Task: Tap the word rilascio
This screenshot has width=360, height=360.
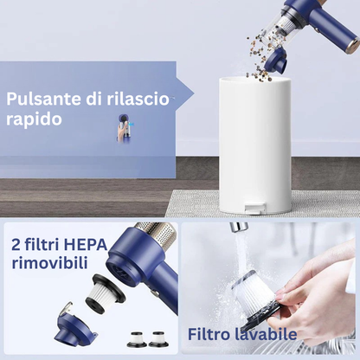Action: [x=138, y=99]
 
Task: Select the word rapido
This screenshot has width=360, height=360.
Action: [x=34, y=119]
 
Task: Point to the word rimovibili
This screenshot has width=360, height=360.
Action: [x=49, y=263]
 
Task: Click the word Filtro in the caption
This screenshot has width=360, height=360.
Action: [x=209, y=334]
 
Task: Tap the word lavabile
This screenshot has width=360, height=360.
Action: [x=266, y=334]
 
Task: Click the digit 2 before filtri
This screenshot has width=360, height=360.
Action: [x=16, y=245]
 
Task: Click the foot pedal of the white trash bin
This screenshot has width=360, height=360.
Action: [x=255, y=208]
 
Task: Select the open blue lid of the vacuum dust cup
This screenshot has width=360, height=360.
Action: [x=276, y=60]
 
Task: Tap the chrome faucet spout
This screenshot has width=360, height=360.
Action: [x=239, y=227]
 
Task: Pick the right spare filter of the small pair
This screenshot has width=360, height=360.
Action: [x=158, y=339]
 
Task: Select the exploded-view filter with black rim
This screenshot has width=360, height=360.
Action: [x=106, y=293]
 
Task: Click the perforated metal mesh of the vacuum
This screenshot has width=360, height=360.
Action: [x=164, y=235]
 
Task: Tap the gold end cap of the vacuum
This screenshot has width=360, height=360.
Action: [x=355, y=44]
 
